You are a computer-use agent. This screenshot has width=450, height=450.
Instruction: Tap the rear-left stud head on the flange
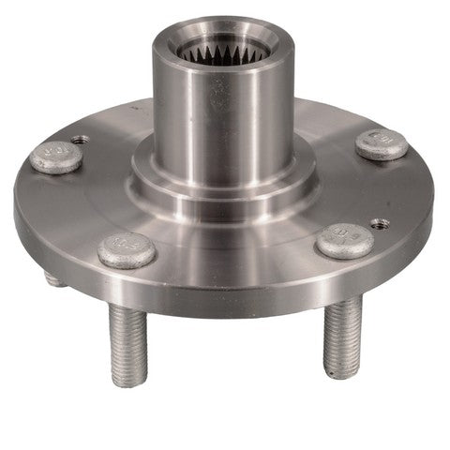pyautogui.click(x=56, y=156)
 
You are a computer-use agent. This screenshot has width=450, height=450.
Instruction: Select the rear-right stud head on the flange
pyautogui.click(x=382, y=143)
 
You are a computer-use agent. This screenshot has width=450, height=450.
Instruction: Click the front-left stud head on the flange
pyautogui.click(x=127, y=249)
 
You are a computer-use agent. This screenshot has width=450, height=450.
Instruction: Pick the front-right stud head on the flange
pyautogui.click(x=344, y=241)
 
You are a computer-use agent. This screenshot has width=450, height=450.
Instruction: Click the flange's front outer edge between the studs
pyautogui.click(x=234, y=300)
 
